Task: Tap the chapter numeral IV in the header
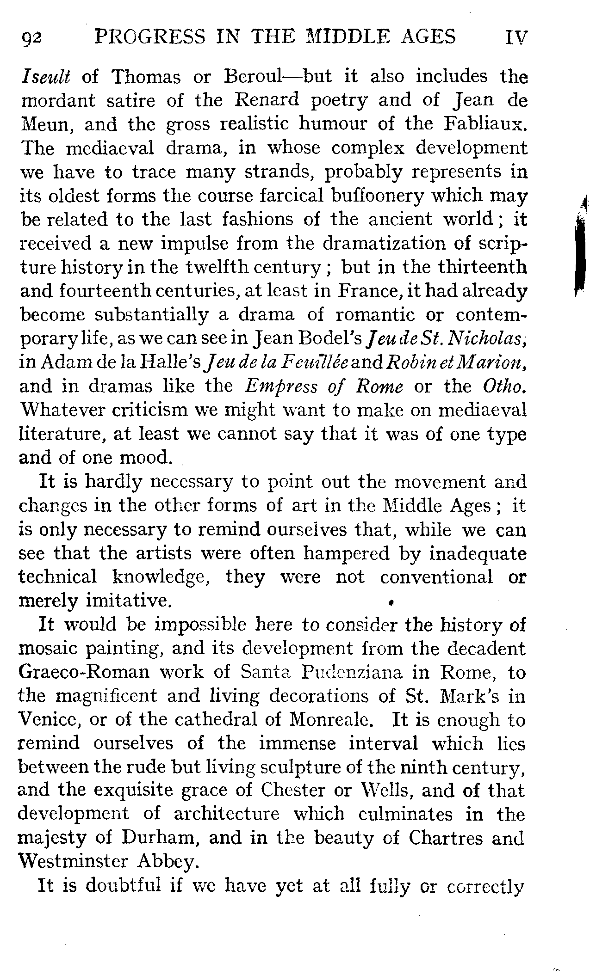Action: [517, 37]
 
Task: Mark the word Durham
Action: [156, 838]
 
